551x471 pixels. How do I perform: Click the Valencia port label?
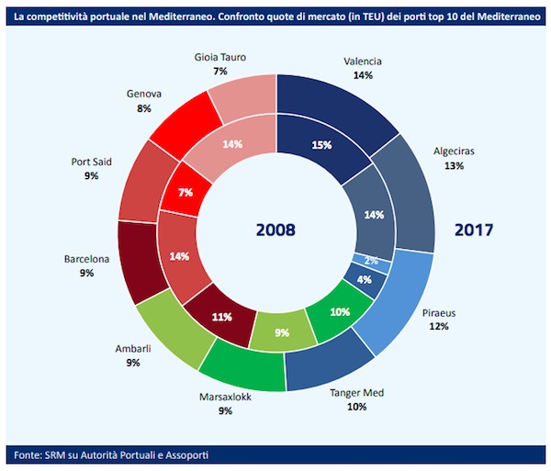(362, 62)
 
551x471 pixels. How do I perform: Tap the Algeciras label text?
(454, 152)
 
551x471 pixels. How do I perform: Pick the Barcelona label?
(86, 259)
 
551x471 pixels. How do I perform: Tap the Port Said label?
(91, 162)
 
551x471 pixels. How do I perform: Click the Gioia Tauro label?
(219, 57)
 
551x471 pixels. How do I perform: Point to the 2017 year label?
(474, 230)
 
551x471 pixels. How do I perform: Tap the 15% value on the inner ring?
(321, 144)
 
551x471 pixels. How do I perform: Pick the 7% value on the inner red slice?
(186, 193)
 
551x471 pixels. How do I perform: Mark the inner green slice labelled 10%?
(340, 312)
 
